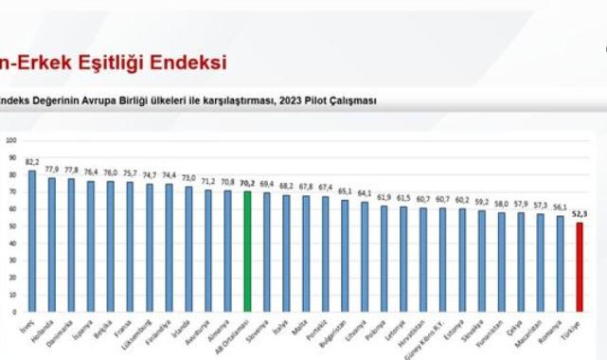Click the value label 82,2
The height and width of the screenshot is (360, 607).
[x=32, y=162]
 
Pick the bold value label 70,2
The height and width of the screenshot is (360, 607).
[x=247, y=183]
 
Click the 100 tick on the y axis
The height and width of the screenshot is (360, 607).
[x=11, y=140]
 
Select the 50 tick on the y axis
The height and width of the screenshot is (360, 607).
[x=12, y=226]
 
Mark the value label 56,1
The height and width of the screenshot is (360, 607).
[x=561, y=207]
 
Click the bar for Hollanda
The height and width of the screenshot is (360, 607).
[x=54, y=244]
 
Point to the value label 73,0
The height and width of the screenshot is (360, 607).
[x=188, y=178]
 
